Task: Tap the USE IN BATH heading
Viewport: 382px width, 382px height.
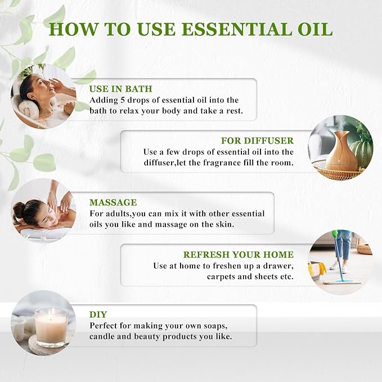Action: pos(121,89)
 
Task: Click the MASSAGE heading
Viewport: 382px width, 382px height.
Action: pos(113,202)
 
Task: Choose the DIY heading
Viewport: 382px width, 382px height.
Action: pos(98,315)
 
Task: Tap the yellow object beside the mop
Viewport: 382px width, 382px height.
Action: pos(316,269)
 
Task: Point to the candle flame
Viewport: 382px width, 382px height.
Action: pos(51,311)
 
